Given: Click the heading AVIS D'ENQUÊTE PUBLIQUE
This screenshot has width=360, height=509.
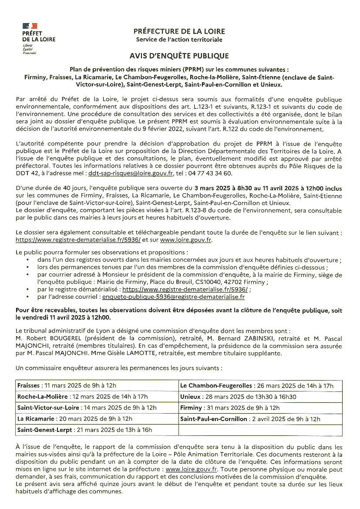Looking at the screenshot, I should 179,56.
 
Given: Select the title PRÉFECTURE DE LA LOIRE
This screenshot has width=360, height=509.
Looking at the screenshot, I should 179,31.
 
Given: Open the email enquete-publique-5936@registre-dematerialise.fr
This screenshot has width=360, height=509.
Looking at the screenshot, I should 173,297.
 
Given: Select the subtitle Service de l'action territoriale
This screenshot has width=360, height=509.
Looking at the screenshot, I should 179,40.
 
